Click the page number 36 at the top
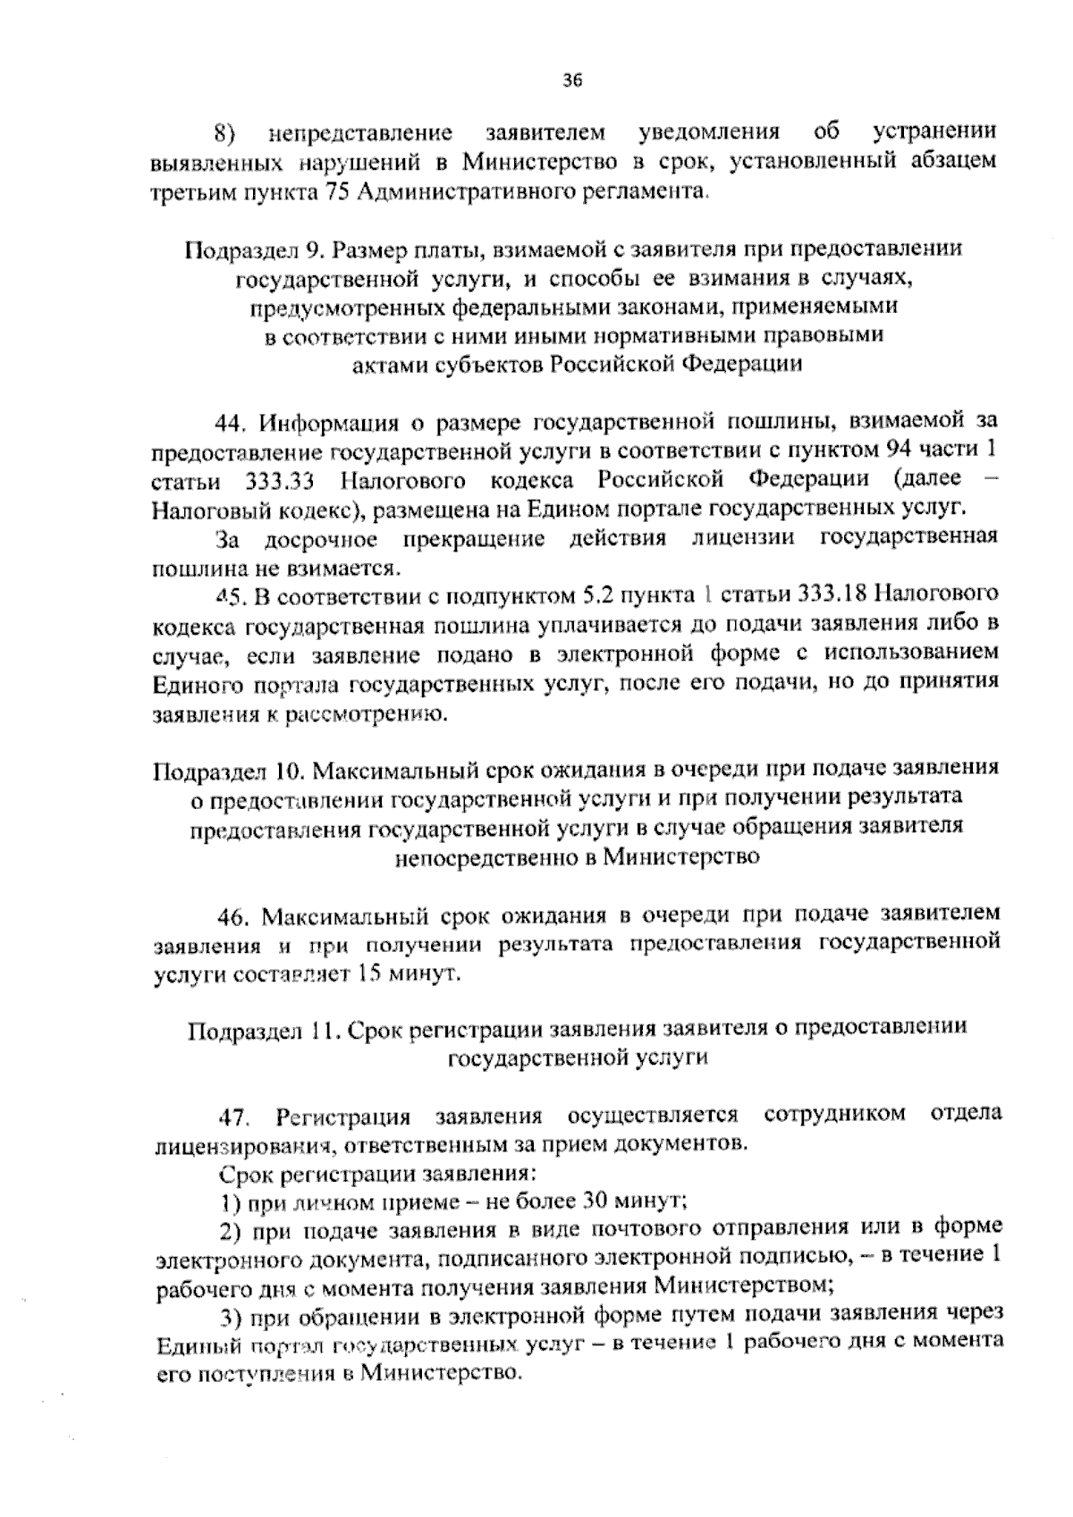click(x=572, y=80)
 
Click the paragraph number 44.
click(x=232, y=421)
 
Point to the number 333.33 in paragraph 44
click(x=276, y=481)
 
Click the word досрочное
click(x=320, y=540)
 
